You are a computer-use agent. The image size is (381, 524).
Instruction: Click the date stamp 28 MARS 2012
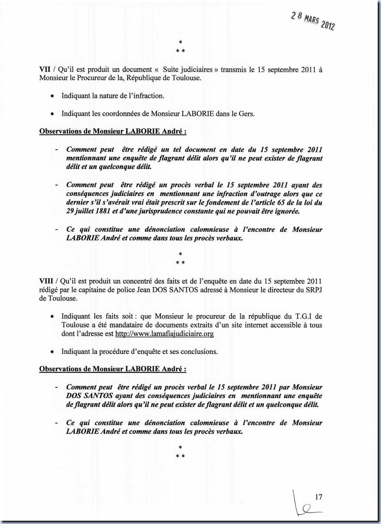tap(313, 20)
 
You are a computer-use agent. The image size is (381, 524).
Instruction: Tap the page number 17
tap(319, 497)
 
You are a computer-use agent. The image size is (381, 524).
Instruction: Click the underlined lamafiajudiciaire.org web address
tap(164, 334)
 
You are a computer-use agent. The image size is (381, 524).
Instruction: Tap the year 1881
tap(101, 211)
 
